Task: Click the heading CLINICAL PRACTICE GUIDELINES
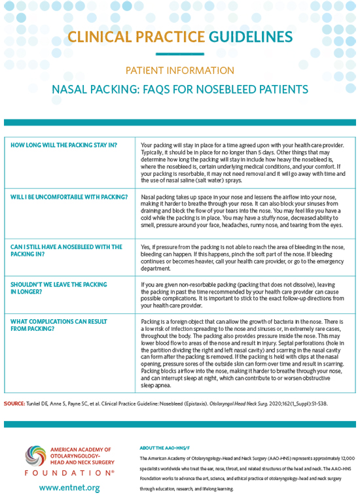pos(180,36)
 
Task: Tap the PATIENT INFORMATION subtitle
pos(180,70)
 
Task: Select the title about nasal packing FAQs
pos(180,88)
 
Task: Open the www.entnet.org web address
pos(69,487)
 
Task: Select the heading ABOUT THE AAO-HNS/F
pos(166,448)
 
